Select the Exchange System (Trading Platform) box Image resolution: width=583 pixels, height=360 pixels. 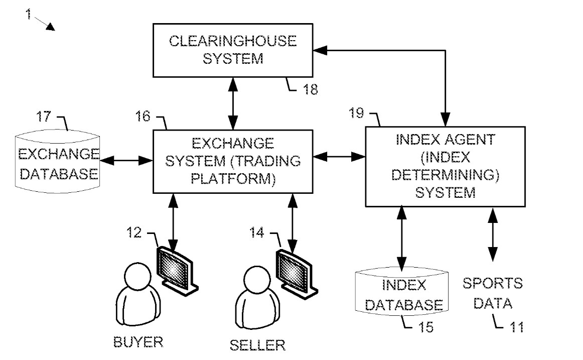coord(233,161)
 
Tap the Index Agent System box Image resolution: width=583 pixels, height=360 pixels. coord(445,166)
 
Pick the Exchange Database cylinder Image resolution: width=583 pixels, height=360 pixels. coord(58,161)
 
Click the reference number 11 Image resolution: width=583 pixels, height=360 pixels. coord(515,327)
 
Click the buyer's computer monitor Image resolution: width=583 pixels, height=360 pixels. coord(176,266)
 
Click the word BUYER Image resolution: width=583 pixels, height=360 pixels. coord(138,342)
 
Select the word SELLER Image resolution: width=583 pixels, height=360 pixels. coord(257,345)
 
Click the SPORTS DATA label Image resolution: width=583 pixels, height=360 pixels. coord(492,293)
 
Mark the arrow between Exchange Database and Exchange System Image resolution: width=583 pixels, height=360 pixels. coord(126,161)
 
